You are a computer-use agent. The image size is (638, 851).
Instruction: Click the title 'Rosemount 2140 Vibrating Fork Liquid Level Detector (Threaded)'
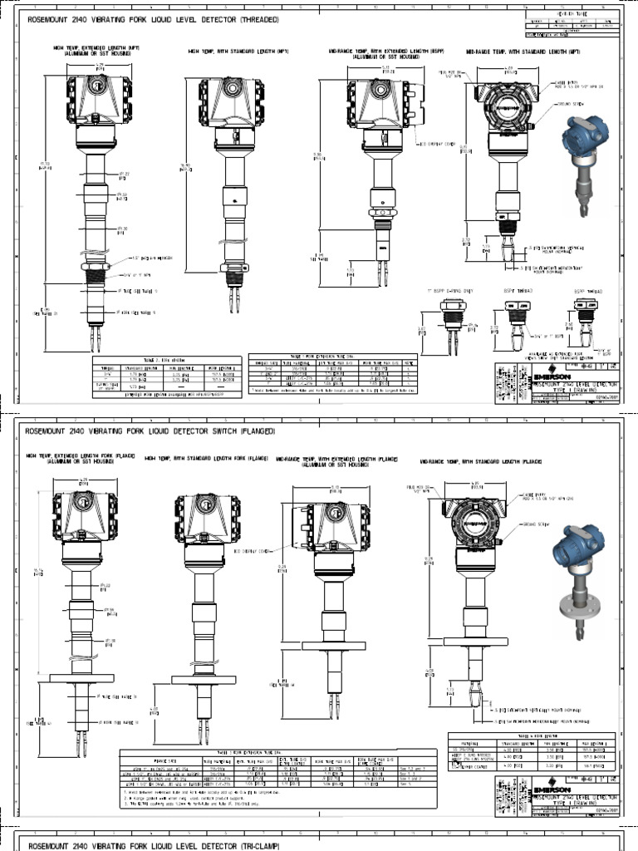click(154, 19)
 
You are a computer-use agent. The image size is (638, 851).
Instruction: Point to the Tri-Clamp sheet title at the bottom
click(154, 845)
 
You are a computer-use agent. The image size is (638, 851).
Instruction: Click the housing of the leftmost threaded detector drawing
click(99, 100)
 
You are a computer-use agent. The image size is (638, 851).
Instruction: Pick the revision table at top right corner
click(572, 25)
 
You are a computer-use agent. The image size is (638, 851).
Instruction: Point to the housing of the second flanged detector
click(207, 519)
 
